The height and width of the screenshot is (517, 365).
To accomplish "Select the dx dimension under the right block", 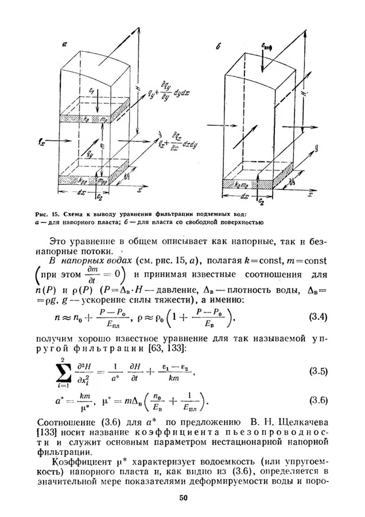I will (245, 196).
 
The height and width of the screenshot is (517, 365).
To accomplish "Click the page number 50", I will (183, 497).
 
